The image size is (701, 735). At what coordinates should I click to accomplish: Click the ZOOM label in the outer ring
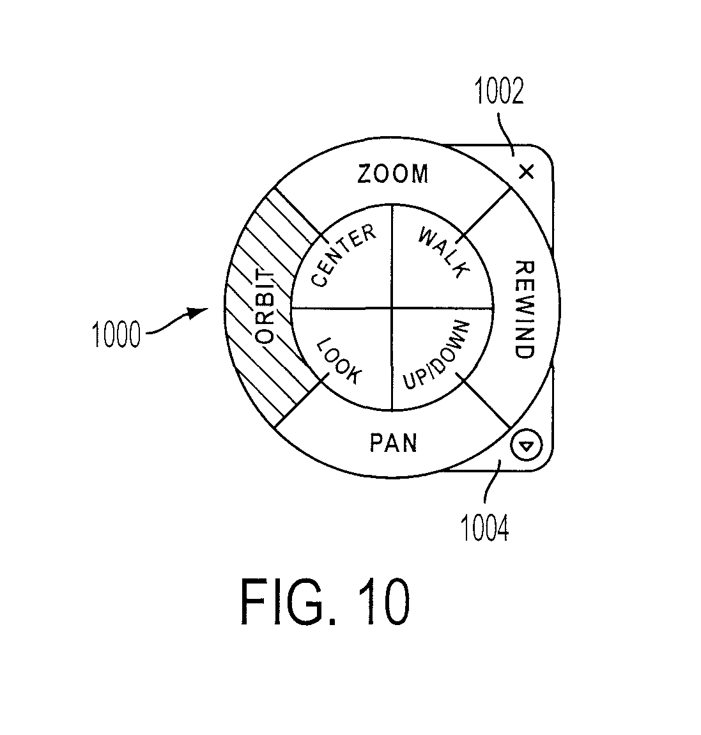click(392, 173)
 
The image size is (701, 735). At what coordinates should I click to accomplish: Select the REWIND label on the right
click(525, 310)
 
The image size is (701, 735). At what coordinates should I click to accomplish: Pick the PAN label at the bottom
click(393, 442)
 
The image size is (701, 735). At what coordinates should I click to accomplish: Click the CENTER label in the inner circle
click(344, 256)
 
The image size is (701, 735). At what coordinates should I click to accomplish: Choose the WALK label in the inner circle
click(443, 252)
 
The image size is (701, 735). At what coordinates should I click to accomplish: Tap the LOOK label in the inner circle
click(339, 360)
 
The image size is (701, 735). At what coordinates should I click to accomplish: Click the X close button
click(526, 172)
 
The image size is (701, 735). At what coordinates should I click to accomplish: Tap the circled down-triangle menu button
click(526, 445)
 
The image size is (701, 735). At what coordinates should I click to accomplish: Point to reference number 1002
click(499, 91)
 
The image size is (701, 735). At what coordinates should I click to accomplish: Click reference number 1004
click(485, 529)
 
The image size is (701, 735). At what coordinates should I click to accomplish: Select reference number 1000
click(116, 334)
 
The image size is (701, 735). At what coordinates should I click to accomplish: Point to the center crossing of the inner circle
click(392, 309)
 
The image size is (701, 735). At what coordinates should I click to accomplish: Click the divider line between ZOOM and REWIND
click(486, 211)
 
